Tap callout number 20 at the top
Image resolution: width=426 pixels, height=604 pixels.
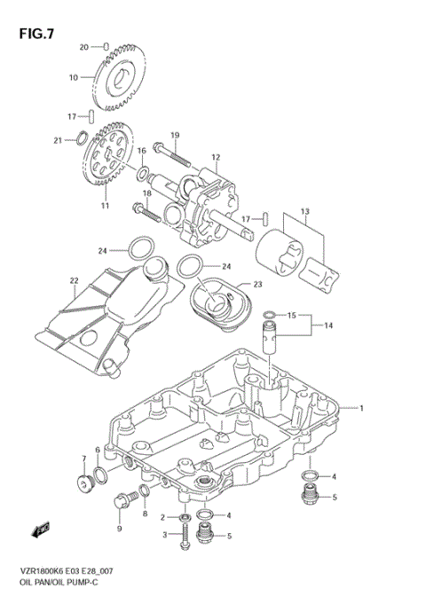(84, 46)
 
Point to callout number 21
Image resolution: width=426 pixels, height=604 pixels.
(58, 139)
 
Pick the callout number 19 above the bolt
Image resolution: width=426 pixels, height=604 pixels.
(175, 136)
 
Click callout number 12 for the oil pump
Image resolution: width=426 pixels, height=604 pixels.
(215, 158)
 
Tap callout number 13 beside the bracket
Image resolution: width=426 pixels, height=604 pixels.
(304, 211)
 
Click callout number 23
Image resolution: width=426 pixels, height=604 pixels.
(258, 285)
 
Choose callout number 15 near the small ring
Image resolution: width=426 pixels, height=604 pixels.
(292, 314)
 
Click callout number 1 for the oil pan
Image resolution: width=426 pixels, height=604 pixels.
(362, 407)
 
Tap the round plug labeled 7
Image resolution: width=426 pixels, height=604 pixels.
(86, 483)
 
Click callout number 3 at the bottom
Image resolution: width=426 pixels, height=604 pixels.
(163, 534)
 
